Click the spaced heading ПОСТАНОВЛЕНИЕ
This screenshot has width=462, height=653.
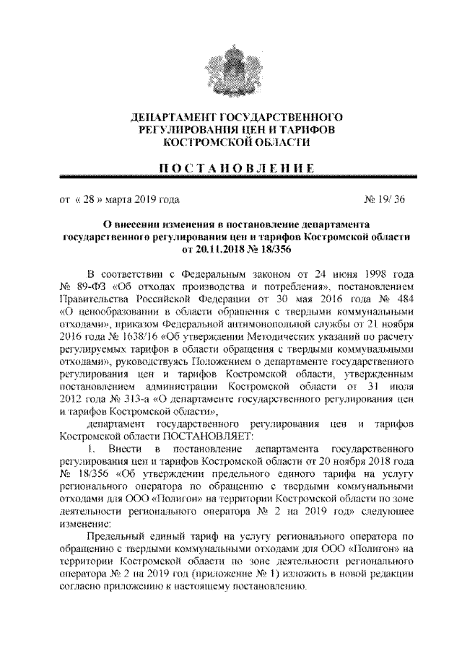tap(231, 167)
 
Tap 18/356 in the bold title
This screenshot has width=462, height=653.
tap(275, 249)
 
